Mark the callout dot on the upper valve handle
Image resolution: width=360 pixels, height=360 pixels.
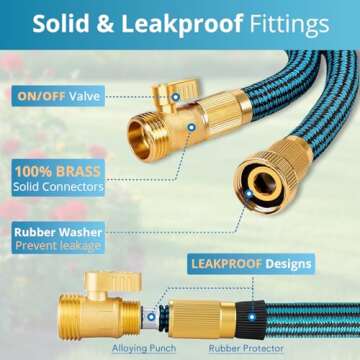tap(176, 96)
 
